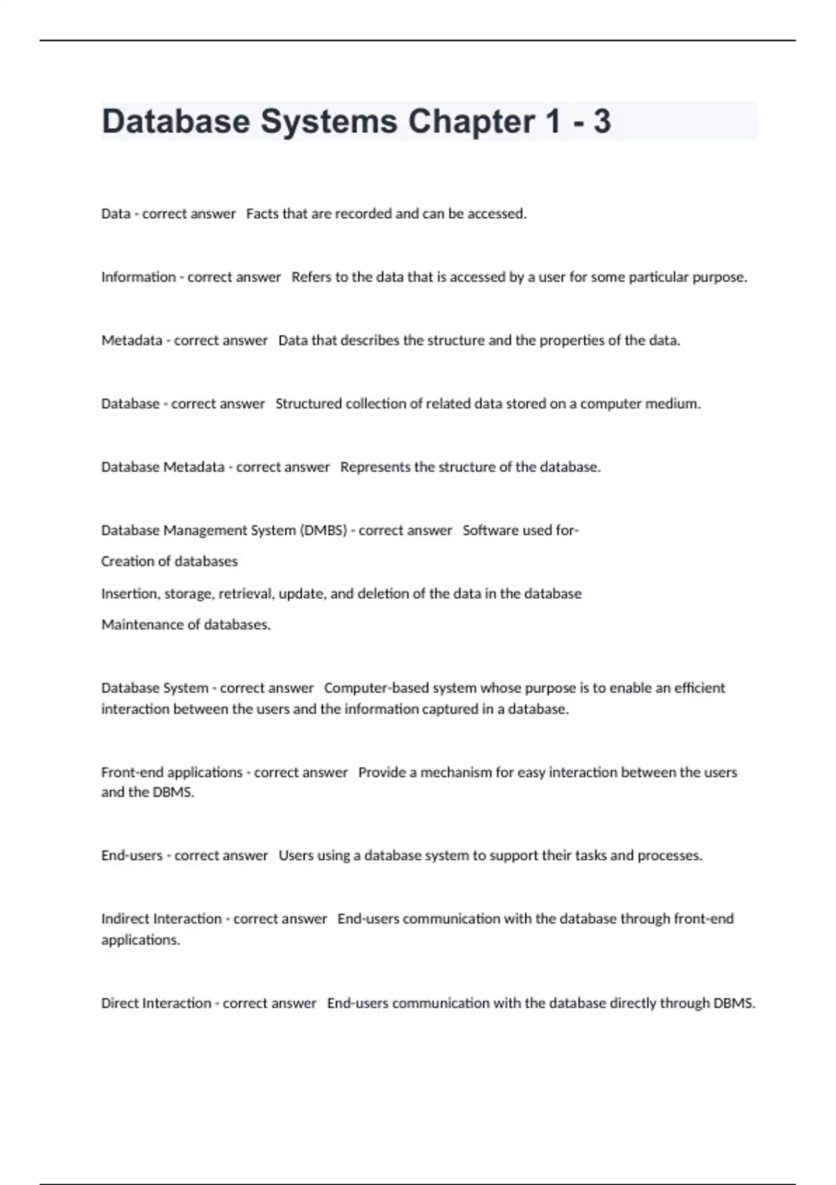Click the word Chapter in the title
click(x=472, y=121)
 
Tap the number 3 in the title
click(x=601, y=121)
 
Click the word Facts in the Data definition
click(x=262, y=214)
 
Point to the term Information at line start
click(x=138, y=277)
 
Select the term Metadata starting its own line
click(x=132, y=341)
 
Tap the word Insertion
click(x=130, y=594)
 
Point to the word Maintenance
click(x=141, y=625)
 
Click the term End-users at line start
click(x=132, y=856)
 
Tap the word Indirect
click(x=124, y=919)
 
